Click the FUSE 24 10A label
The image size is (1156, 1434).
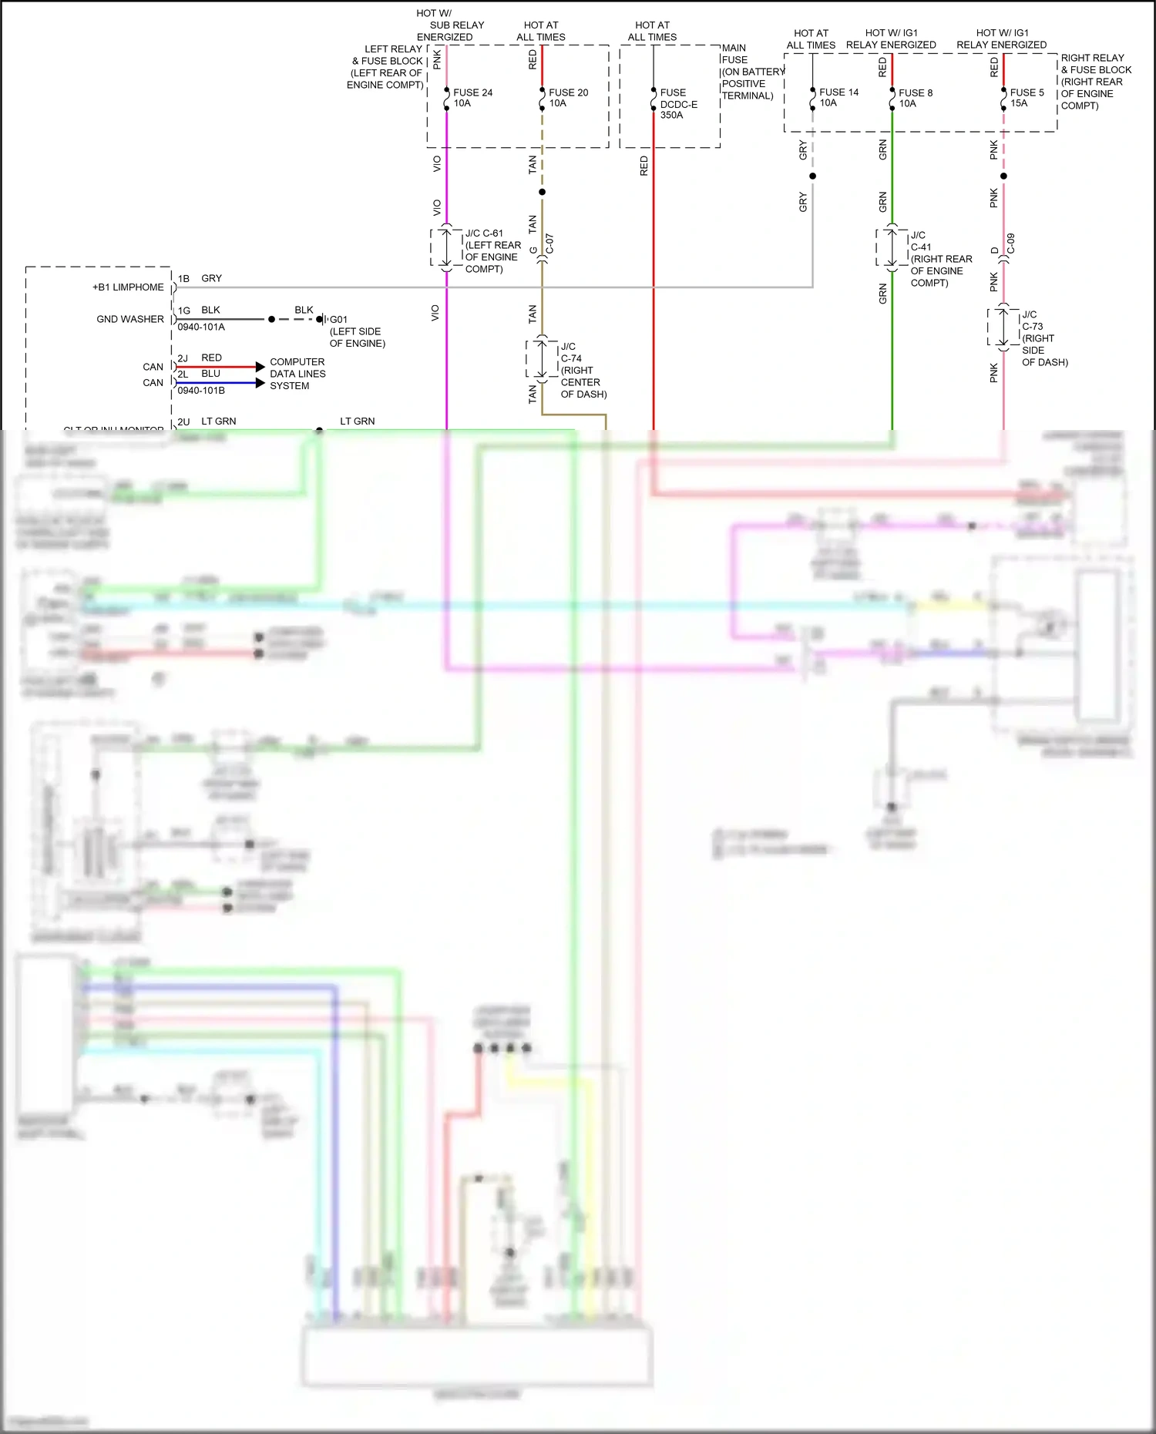[x=472, y=98]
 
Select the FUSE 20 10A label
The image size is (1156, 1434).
[x=568, y=98]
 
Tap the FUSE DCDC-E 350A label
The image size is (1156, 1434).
[x=678, y=103]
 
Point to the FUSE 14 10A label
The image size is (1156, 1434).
[x=838, y=97]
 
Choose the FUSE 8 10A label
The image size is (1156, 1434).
[x=916, y=98]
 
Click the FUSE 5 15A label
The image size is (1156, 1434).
[x=1027, y=97]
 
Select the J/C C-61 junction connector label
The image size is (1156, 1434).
[x=492, y=250]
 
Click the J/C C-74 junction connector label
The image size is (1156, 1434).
[x=583, y=370]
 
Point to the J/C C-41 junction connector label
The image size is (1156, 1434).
[x=940, y=259]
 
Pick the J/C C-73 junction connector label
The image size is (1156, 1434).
[x=1043, y=338]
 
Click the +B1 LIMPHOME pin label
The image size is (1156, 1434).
[x=128, y=287]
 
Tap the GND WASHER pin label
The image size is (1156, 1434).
[x=129, y=319]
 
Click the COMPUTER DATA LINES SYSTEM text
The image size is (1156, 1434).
[x=297, y=374]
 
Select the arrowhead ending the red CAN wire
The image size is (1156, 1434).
[x=260, y=367]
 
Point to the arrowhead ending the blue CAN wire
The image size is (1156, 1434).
[x=260, y=383]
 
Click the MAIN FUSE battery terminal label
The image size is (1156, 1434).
[x=751, y=72]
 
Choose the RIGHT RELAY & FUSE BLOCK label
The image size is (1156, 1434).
[x=1095, y=82]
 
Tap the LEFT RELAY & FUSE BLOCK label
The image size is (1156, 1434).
[x=386, y=67]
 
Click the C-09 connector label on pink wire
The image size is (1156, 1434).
[x=1011, y=243]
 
